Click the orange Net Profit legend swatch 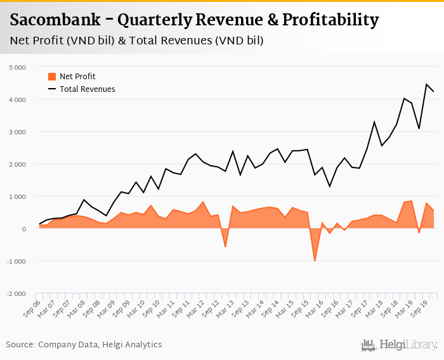[x=52, y=77]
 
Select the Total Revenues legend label [x=88, y=89]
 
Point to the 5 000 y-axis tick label [x=18, y=67]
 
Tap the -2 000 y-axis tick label [x=16, y=293]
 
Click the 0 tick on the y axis [x=23, y=229]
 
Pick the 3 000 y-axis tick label [x=18, y=132]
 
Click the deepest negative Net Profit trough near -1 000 [x=315, y=260]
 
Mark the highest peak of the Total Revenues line [x=426, y=84]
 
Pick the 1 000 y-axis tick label [x=18, y=196]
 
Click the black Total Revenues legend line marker [x=52, y=89]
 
